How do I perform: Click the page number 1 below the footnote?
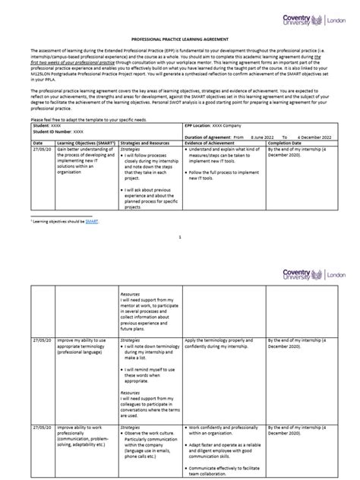pyautogui.click(x=180, y=237)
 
